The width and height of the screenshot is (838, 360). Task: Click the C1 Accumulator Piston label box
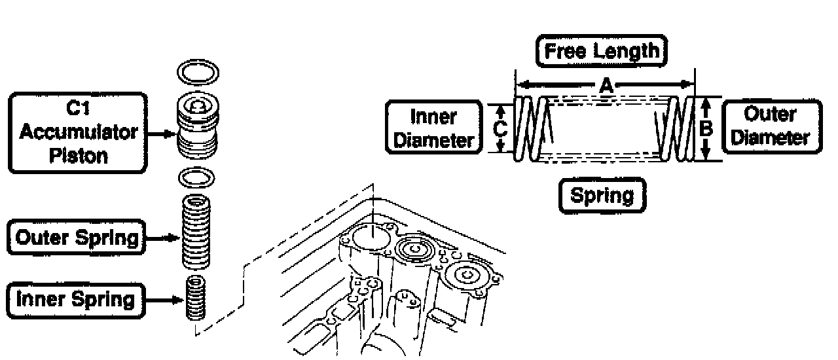(77, 133)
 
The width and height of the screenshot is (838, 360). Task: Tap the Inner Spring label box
(75, 300)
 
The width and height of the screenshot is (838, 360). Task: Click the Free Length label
(602, 52)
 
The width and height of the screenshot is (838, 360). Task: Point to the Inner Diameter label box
(433, 128)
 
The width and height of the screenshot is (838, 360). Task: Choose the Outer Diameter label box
(771, 126)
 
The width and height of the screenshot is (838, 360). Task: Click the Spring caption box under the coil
(602, 196)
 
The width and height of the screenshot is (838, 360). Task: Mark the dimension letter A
(606, 84)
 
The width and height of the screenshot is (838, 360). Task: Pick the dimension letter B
(706, 128)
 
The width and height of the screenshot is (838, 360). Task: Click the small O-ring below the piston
(198, 177)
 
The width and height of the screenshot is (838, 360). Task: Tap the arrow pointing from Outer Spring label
(162, 238)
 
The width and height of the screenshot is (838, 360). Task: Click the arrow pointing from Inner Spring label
(163, 300)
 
